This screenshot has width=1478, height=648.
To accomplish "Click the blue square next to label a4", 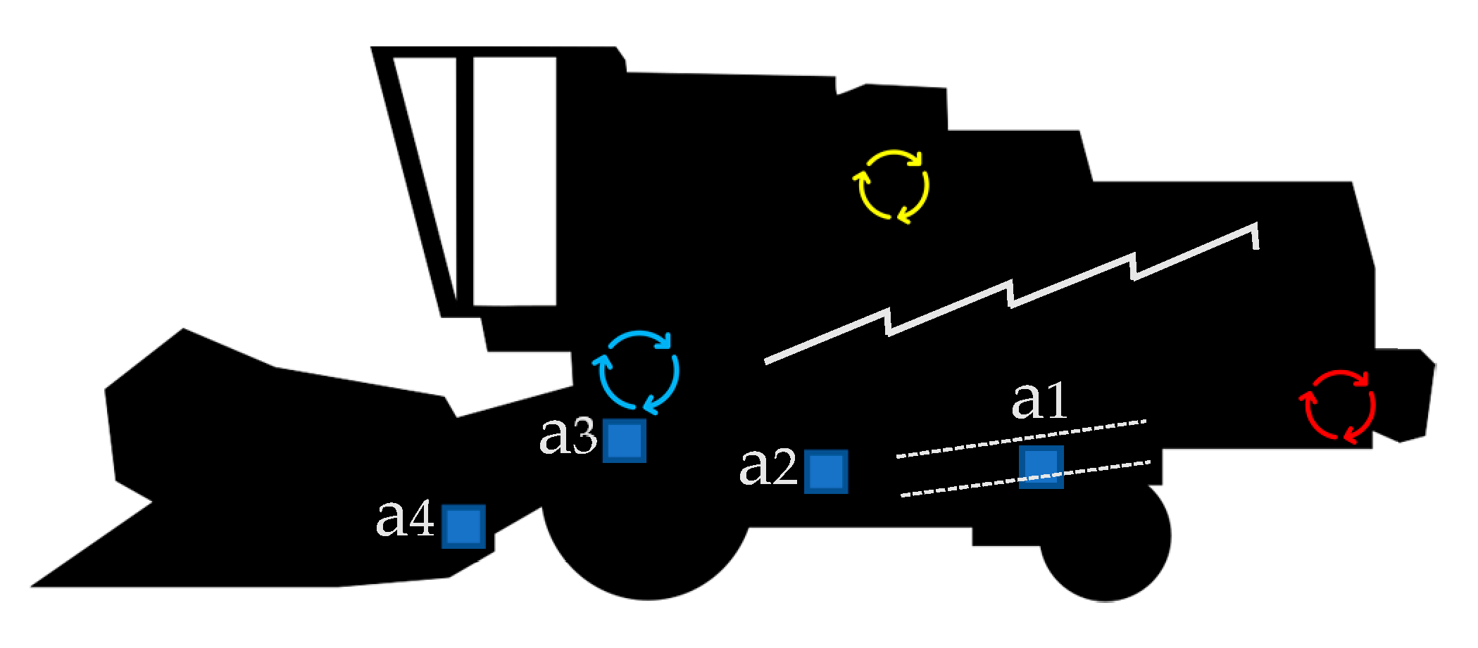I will tap(463, 526).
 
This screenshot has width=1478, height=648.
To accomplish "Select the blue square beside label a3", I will tap(625, 440).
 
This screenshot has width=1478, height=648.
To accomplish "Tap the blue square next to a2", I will tap(826, 471).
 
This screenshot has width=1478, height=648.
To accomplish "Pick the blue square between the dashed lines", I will tap(1041, 466).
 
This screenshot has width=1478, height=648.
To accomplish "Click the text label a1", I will tap(1039, 402).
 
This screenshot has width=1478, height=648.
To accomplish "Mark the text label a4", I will tap(406, 521).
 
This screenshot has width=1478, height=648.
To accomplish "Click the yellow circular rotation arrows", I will tap(891, 186).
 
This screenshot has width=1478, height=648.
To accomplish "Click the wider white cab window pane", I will tap(514, 182).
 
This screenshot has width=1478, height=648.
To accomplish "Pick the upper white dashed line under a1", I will tap(1021, 439).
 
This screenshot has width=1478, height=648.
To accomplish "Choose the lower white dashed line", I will tap(1025, 478).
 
